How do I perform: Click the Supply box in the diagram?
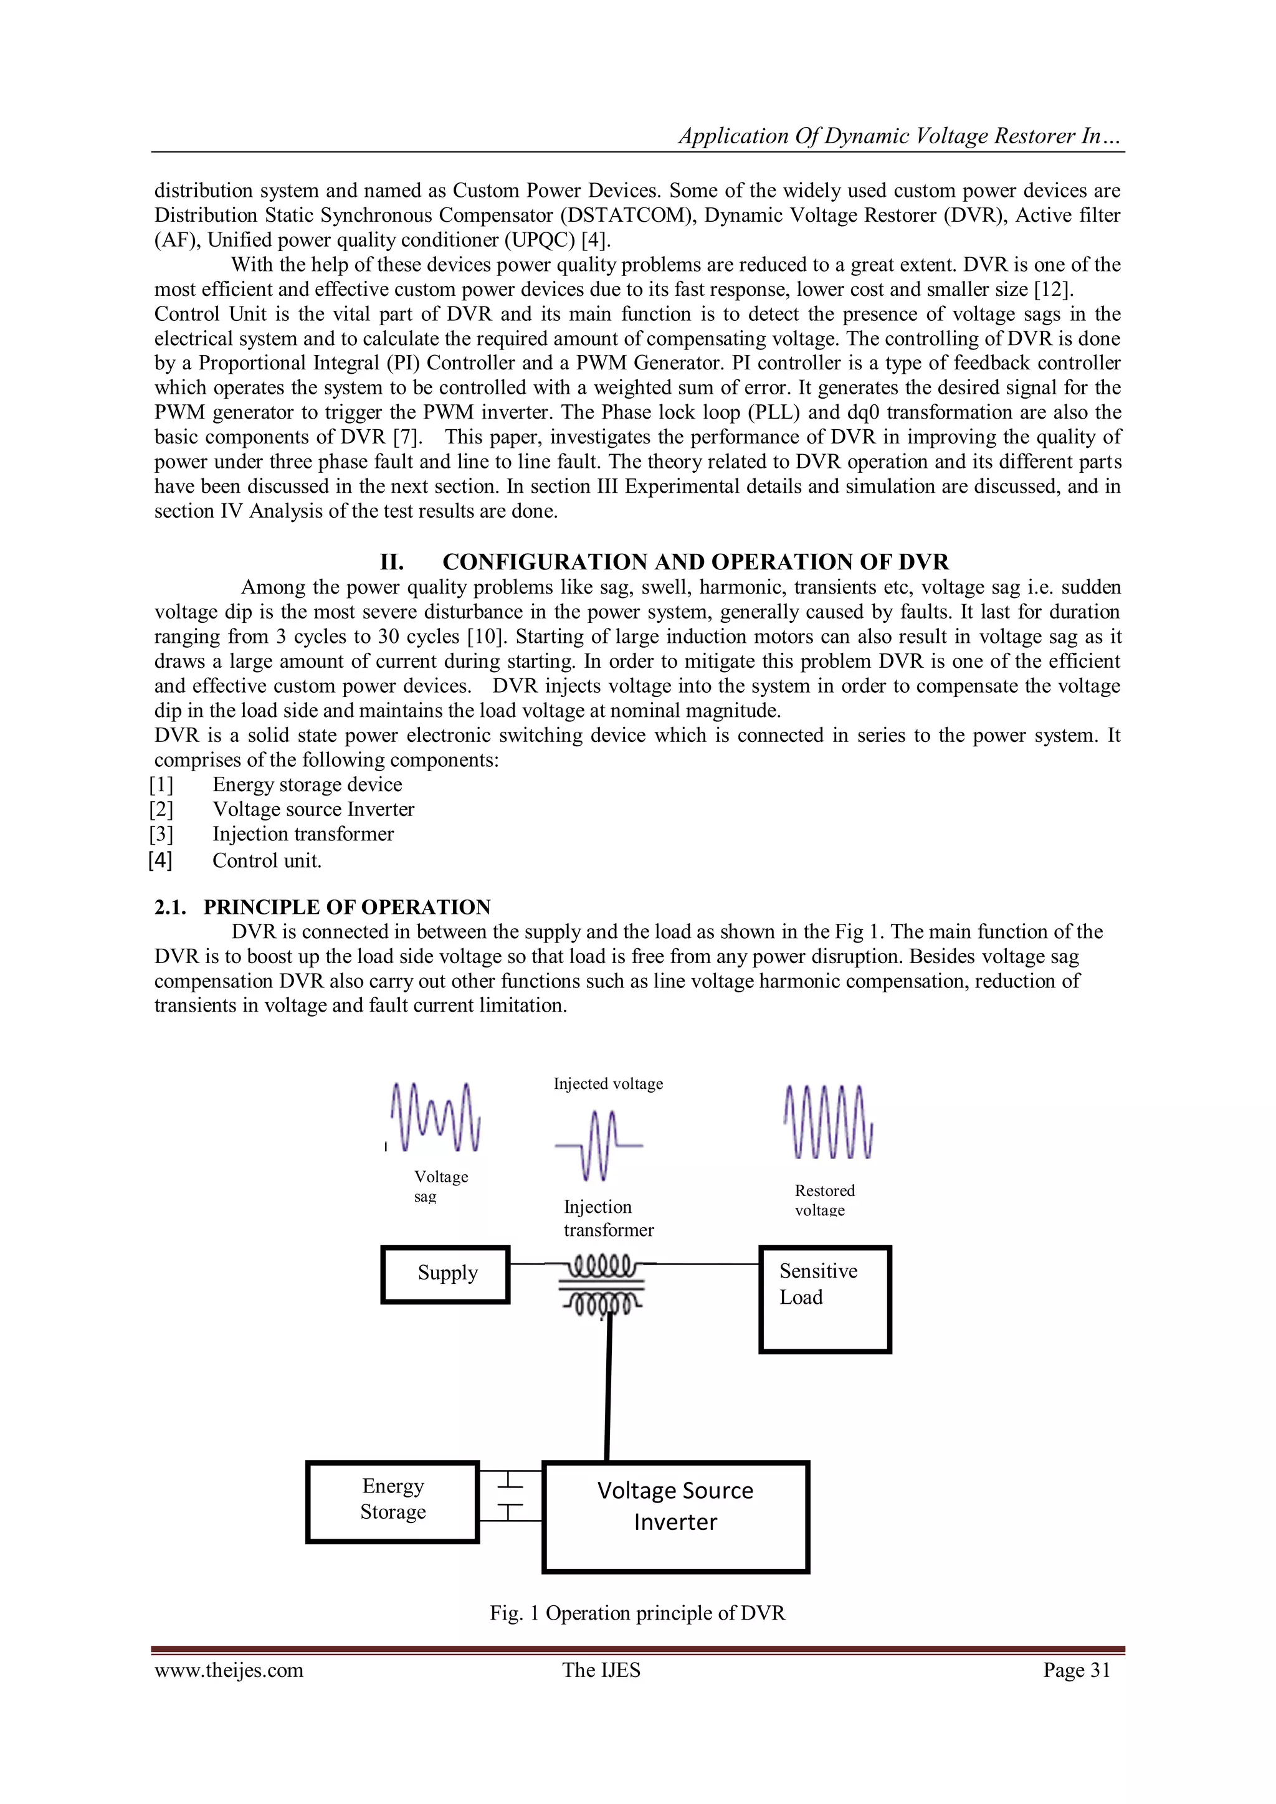tap(445, 1274)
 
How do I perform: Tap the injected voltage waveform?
tap(599, 1145)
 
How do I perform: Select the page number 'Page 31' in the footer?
tap(1077, 1669)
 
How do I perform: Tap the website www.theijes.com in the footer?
tap(229, 1669)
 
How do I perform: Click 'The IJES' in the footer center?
tap(601, 1669)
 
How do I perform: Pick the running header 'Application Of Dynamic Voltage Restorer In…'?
tap(900, 136)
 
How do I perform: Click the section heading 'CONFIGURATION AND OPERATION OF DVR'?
tap(695, 562)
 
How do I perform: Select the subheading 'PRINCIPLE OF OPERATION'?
tap(346, 907)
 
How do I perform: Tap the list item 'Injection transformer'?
tap(303, 833)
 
